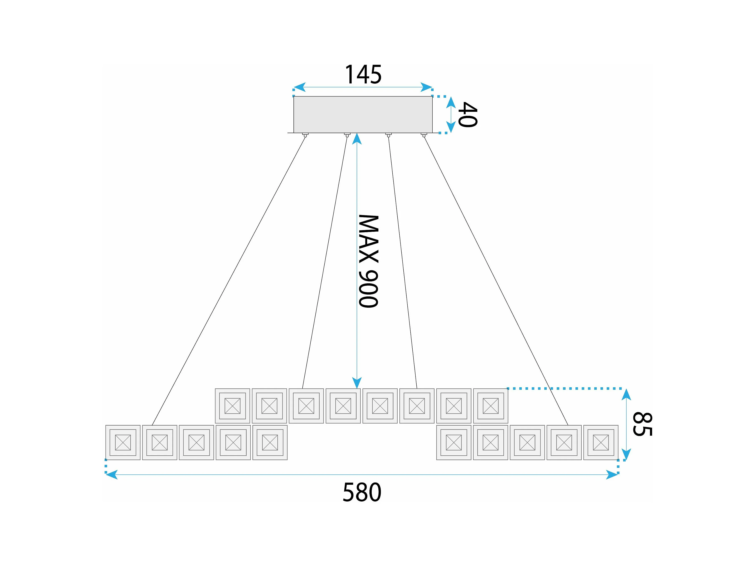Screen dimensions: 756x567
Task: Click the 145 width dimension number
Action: [x=363, y=74]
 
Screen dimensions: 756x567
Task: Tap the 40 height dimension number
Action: [x=467, y=115]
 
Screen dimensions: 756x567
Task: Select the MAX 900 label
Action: [x=368, y=261]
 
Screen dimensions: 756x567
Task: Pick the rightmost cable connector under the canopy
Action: [x=424, y=135]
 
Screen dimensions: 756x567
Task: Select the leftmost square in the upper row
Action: [x=232, y=406]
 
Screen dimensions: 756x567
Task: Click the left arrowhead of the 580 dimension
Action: [x=111, y=475]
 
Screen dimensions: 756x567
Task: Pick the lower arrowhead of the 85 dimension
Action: [x=626, y=454]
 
